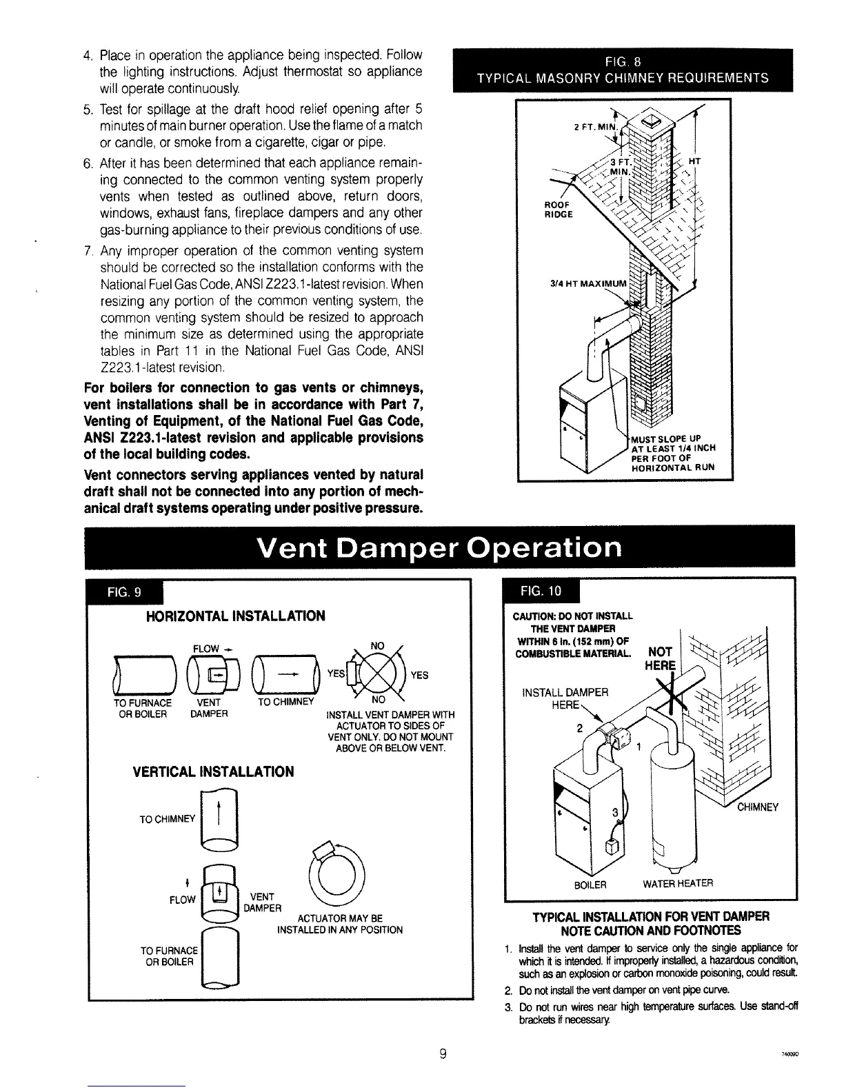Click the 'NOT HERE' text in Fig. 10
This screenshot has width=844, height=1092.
click(x=662, y=660)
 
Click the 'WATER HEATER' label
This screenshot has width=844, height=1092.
click(x=679, y=883)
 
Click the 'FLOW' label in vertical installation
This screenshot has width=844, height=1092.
click(x=183, y=899)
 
